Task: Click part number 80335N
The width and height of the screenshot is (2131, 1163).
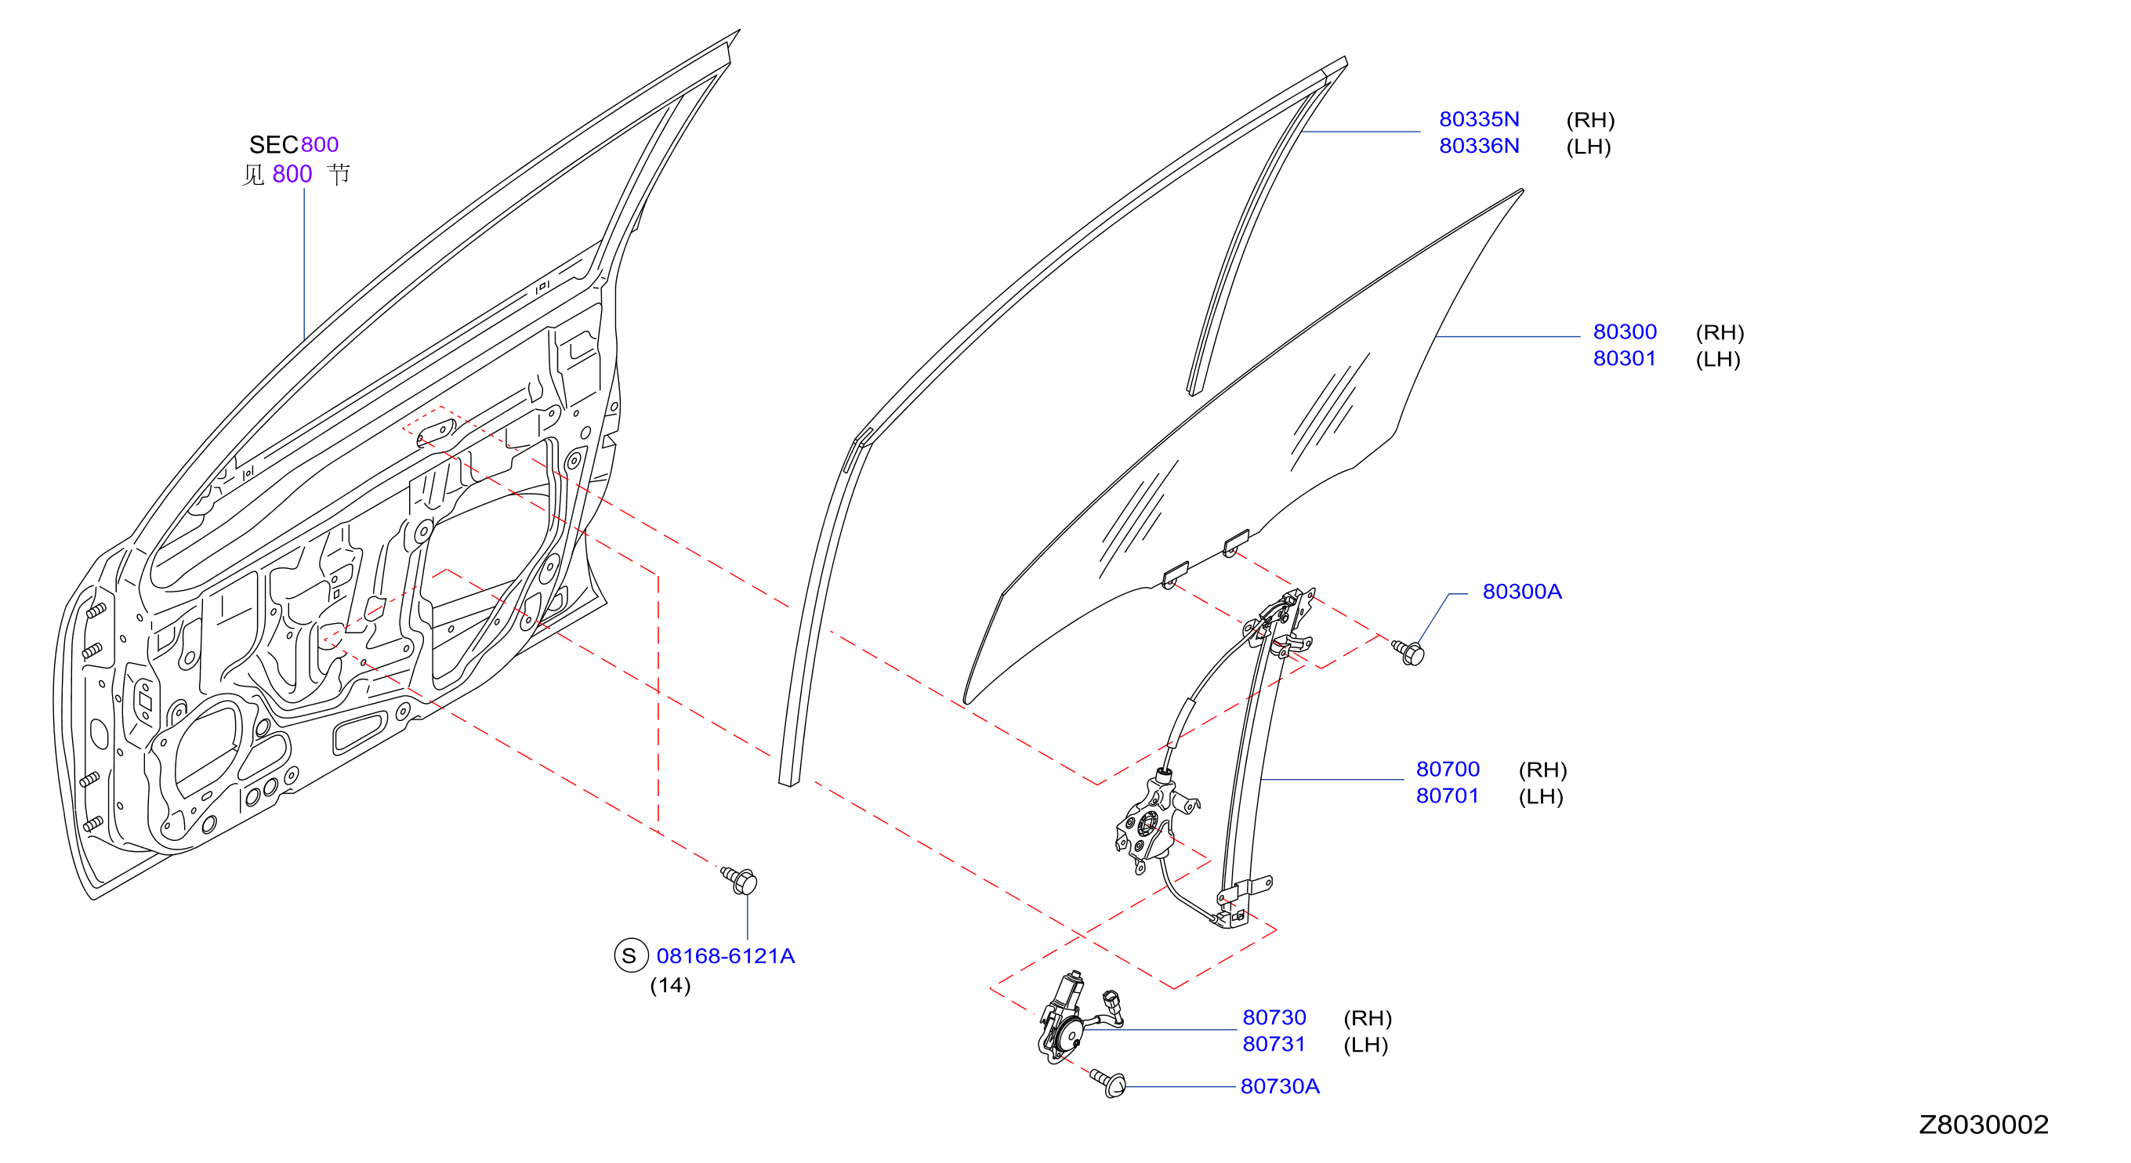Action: click(1479, 119)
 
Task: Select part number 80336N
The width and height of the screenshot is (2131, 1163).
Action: click(1479, 146)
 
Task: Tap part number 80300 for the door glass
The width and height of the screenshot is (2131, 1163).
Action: click(1625, 332)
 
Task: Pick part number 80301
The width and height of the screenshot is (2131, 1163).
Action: click(1625, 358)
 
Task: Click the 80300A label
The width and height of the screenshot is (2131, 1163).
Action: click(1522, 592)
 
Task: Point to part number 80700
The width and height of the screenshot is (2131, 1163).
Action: click(1448, 770)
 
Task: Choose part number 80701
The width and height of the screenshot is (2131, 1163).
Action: click(1448, 795)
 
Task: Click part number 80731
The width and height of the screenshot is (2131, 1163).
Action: click(1274, 1044)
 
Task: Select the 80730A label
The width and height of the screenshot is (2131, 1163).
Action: click(1280, 1086)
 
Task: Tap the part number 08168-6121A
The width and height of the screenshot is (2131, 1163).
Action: click(726, 956)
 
